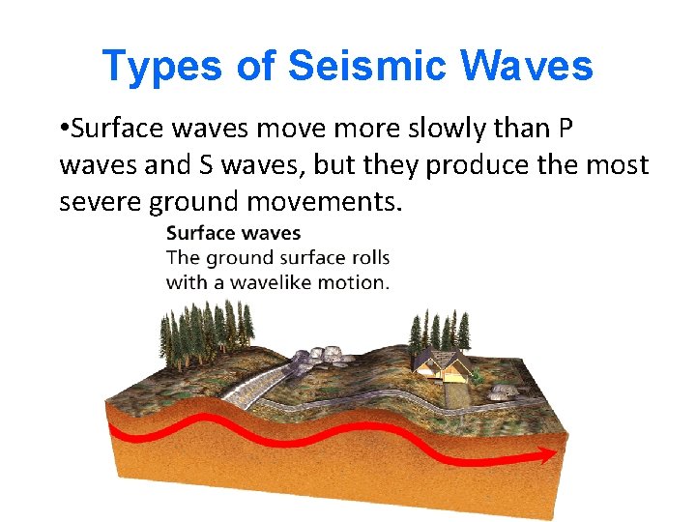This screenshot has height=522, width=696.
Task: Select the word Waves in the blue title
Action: pyautogui.click(x=527, y=66)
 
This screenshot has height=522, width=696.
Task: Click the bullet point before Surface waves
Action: pyautogui.click(x=64, y=129)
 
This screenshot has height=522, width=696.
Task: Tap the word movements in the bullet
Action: pyautogui.click(x=329, y=202)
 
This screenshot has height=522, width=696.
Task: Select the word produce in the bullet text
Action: pyautogui.click(x=478, y=165)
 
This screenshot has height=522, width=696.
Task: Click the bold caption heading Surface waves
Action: pyautogui.click(x=233, y=233)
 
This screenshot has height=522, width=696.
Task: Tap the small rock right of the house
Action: pyautogui.click(x=502, y=391)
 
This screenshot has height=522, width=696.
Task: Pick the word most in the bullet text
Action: pyautogui.click(x=617, y=165)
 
